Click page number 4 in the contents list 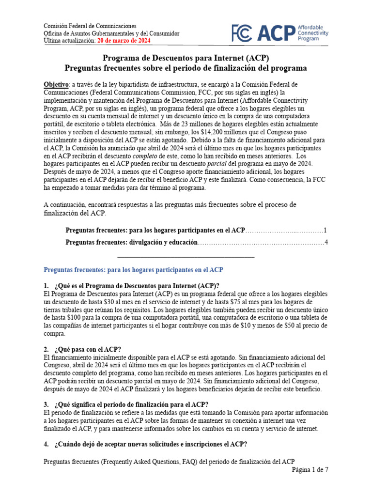(326, 242)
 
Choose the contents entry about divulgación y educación (131, 242)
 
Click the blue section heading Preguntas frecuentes (133, 269)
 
